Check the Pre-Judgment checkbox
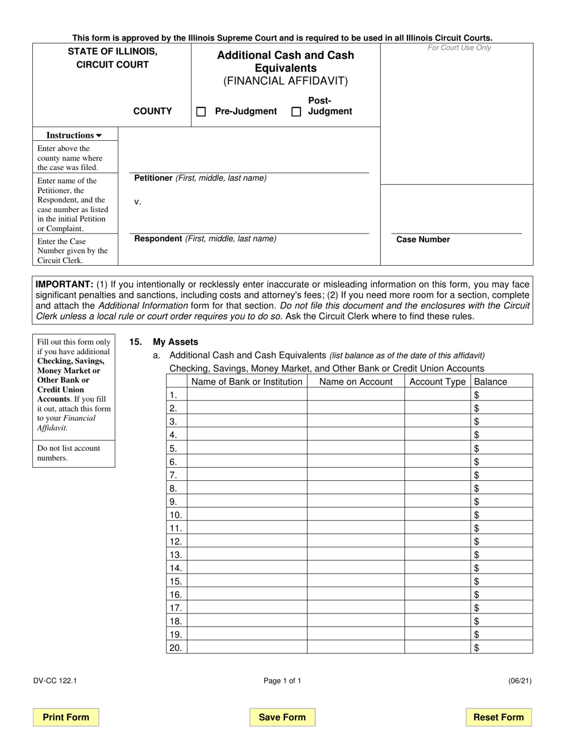coord(201,112)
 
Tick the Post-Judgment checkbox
coord(296,112)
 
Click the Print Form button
coord(66,717)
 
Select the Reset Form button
coord(498,717)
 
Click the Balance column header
coord(491,382)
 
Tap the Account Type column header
coord(438,382)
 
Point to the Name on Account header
coord(356,382)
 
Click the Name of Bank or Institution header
coord(247,382)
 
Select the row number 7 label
coord(174,475)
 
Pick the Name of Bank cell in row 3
coord(247,421)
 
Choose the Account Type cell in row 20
coord(438,648)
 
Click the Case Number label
coord(423,240)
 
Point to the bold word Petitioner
coord(153,178)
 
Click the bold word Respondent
coord(158,239)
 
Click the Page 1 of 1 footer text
coord(282,681)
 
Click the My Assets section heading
coord(175,342)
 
